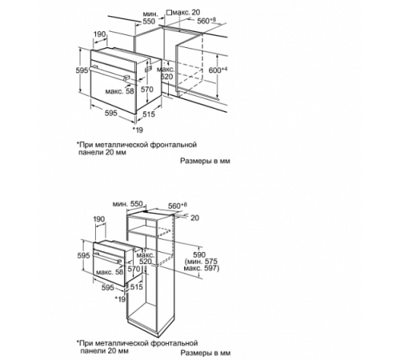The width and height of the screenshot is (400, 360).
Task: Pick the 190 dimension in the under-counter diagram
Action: click(99, 35)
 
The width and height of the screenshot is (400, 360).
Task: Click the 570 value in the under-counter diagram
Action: click(147, 90)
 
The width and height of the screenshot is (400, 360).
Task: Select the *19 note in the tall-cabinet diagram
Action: click(121, 299)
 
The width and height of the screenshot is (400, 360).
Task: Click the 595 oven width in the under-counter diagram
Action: click(110, 114)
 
